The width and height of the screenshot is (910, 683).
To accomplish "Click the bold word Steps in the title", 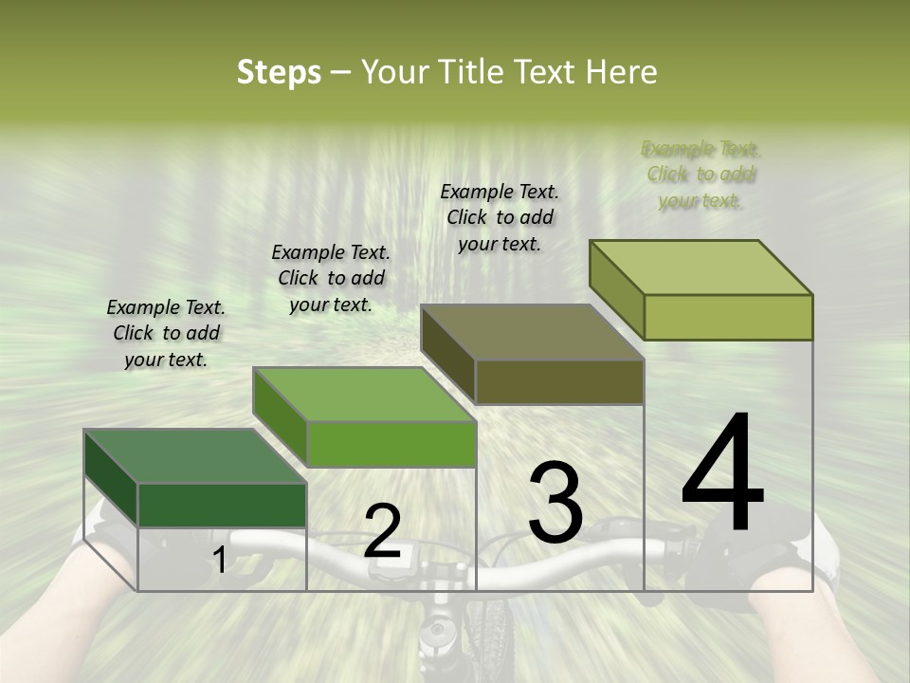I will (x=279, y=73).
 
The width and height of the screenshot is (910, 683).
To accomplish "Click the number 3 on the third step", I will (x=555, y=502).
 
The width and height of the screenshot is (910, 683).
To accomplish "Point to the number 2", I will (x=382, y=531).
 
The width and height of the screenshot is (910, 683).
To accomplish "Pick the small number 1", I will (x=219, y=560).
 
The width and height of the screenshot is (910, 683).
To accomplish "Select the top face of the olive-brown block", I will (x=532, y=333).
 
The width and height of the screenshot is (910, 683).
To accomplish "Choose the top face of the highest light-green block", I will (x=701, y=268).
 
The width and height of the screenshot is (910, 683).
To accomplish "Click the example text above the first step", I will (x=166, y=333).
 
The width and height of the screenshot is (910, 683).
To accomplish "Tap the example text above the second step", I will (x=331, y=278).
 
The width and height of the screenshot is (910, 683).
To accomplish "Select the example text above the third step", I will (x=500, y=217).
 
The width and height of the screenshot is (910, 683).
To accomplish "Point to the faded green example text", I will (x=701, y=175).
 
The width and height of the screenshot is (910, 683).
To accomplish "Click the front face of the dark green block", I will (x=223, y=505).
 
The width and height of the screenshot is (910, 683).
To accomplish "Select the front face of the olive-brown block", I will (x=559, y=382).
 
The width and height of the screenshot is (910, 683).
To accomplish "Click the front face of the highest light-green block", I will (x=728, y=317).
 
